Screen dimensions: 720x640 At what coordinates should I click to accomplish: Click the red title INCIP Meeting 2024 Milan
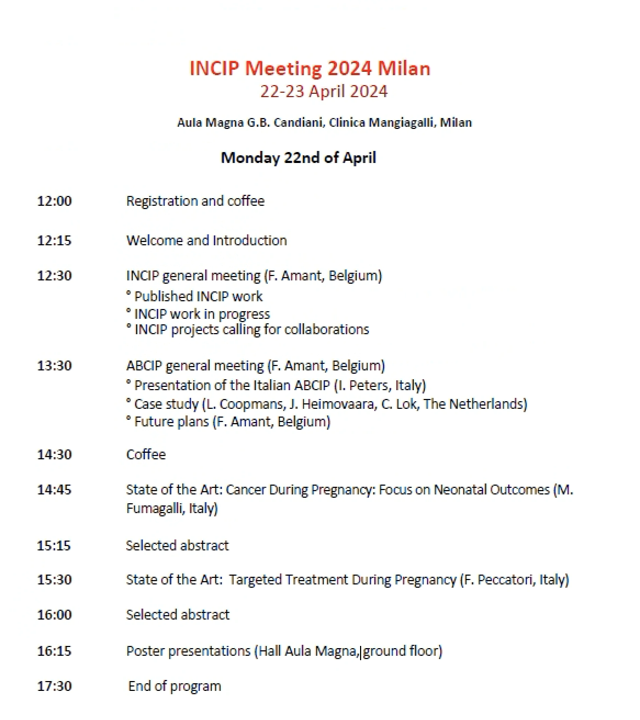click(x=310, y=69)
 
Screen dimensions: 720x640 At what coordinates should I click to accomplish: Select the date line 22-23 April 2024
click(x=324, y=92)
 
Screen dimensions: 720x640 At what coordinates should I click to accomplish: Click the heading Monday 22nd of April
click(x=298, y=158)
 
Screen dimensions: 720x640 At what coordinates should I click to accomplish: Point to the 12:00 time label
click(x=54, y=201)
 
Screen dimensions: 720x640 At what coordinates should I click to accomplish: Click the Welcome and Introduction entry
click(x=206, y=240)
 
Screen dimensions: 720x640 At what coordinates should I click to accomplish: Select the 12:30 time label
click(x=54, y=275)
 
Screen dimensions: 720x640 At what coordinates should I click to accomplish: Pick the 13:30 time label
click(x=54, y=365)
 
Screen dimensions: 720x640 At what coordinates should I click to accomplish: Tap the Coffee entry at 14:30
click(x=146, y=454)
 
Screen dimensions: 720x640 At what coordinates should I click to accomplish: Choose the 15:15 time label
click(x=54, y=545)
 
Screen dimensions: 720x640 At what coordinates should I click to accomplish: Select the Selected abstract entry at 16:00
click(x=178, y=615)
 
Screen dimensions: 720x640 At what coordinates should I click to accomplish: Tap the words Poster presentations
click(x=188, y=651)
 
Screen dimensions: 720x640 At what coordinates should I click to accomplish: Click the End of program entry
click(x=175, y=687)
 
